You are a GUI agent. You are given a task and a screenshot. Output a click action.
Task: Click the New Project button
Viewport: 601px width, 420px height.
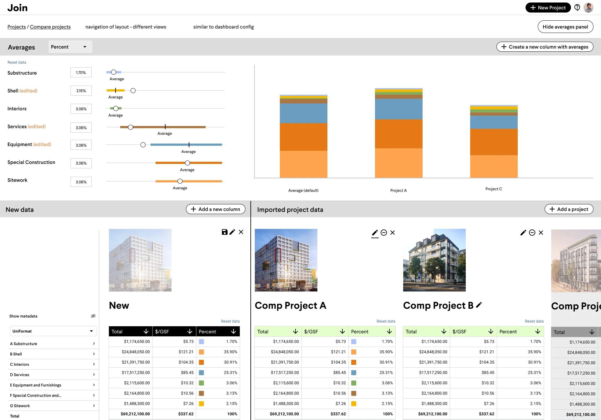point(548,8)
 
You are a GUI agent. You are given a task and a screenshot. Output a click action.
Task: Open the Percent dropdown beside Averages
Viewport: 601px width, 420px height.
point(70,47)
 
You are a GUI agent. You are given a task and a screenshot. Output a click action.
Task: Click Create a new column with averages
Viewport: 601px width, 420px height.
point(545,47)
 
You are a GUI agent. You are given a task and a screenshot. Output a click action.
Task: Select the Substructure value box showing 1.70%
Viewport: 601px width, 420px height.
point(81,72)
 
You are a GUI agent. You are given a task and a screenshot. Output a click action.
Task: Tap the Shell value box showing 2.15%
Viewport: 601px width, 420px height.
point(81,91)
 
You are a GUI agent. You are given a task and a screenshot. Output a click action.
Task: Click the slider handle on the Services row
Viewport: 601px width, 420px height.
point(131,127)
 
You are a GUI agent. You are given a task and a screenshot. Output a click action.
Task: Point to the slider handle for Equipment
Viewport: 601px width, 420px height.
point(143,145)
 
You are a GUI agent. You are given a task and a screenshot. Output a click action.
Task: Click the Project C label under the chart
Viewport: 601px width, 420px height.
point(494,189)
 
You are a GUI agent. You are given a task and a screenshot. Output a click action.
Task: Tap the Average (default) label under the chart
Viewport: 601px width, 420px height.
point(303,190)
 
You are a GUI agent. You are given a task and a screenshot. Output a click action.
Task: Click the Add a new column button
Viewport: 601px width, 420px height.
point(216,209)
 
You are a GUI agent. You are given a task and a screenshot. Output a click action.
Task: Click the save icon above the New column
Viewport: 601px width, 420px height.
point(224,232)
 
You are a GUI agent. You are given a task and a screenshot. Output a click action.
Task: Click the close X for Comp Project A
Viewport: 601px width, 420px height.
point(393,233)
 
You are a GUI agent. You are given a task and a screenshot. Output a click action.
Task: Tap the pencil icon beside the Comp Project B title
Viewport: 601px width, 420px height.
point(479,305)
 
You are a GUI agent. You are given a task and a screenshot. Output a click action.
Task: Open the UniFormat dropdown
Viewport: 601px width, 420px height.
point(53,331)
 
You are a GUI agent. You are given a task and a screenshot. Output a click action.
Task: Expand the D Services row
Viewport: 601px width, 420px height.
point(52,375)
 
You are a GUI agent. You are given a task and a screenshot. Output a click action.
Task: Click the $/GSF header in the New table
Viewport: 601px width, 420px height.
point(174,331)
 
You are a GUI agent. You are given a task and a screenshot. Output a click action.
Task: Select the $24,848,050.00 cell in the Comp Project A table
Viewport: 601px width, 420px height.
point(285,352)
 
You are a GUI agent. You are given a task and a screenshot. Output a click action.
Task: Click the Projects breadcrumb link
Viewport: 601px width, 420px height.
point(17,27)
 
